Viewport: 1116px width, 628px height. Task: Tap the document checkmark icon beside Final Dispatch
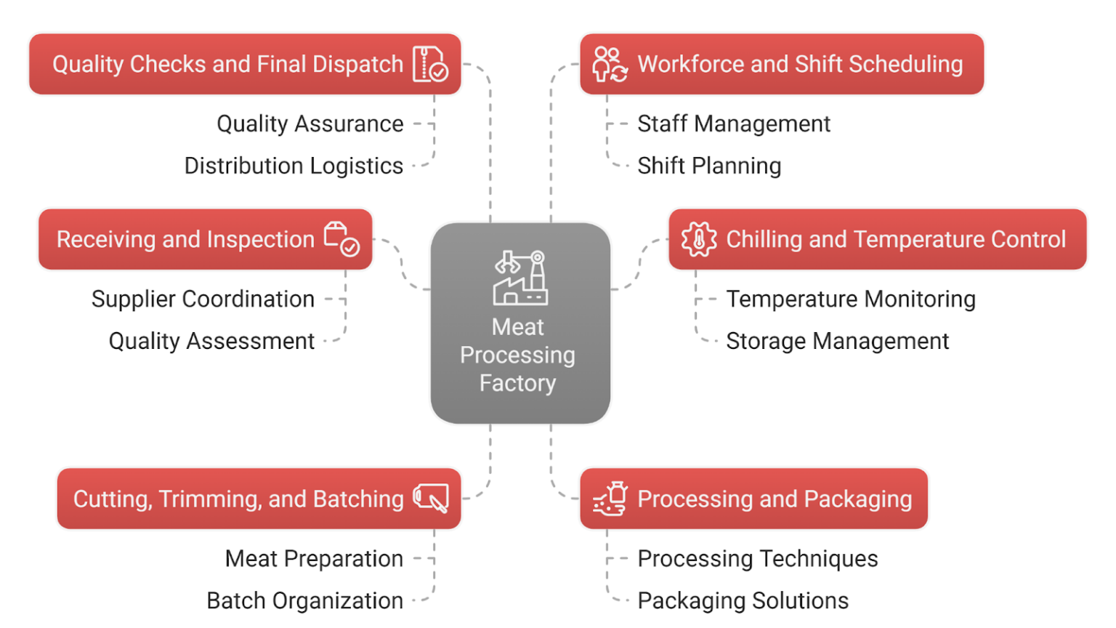(430, 64)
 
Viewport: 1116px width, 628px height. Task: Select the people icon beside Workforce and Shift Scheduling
(610, 64)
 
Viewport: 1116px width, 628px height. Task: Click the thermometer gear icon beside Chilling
(699, 239)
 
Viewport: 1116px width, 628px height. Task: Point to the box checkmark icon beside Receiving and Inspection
(341, 239)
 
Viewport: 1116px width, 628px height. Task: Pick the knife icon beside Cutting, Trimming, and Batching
(431, 499)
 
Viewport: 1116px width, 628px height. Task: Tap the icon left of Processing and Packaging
(610, 499)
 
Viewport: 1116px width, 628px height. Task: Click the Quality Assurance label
(310, 124)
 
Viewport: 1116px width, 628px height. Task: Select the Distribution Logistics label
(294, 166)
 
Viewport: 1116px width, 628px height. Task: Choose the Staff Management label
(734, 124)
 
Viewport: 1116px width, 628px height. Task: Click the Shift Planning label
(709, 166)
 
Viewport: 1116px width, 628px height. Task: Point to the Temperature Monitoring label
(851, 299)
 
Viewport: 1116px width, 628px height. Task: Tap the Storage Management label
(838, 341)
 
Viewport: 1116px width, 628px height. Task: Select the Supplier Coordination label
(203, 299)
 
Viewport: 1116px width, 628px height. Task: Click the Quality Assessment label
(212, 341)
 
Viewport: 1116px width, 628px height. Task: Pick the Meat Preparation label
(314, 559)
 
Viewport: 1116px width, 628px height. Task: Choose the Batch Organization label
(305, 601)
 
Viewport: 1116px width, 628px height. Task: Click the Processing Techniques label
(758, 559)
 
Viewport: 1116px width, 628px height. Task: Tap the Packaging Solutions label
(743, 601)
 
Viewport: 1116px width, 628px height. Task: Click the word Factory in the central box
(517, 383)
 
